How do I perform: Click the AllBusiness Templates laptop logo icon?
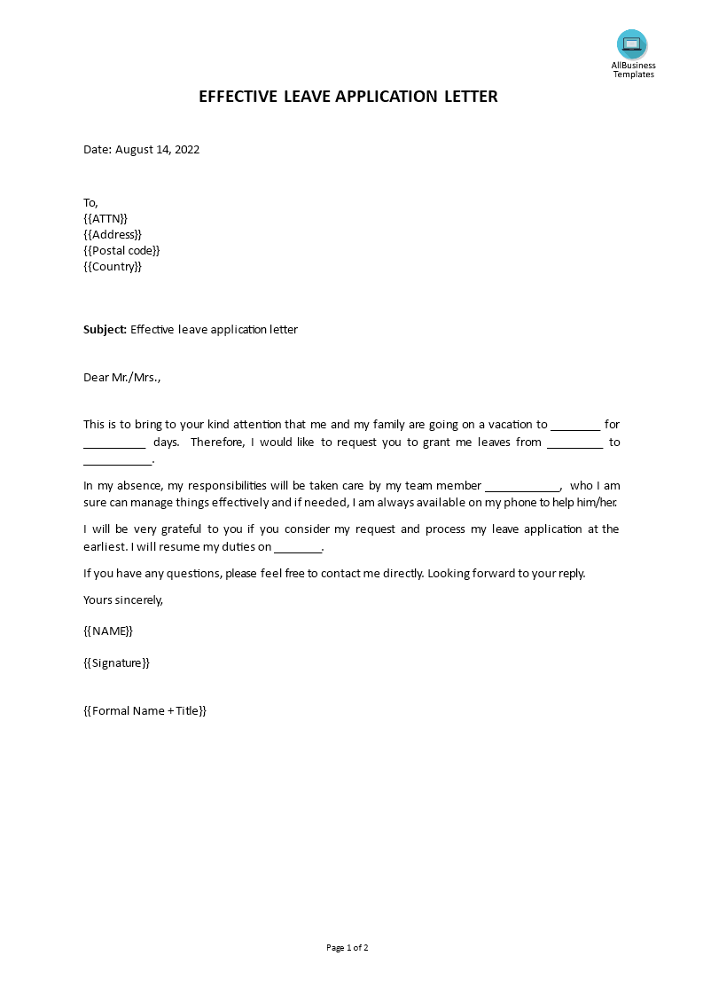(632, 44)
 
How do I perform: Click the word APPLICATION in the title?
(386, 97)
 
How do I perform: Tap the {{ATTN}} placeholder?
(105, 218)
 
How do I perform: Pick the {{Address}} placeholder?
(113, 234)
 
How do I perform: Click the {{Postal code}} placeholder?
(121, 250)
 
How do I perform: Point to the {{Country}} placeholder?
(113, 266)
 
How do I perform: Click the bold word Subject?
(105, 329)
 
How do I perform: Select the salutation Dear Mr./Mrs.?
(122, 377)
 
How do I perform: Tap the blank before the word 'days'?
(114, 443)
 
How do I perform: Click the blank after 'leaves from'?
(575, 443)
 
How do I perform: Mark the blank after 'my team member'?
(522, 487)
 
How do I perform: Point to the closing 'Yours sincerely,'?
(123, 599)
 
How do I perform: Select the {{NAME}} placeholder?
(108, 631)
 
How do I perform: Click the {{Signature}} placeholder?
(117, 662)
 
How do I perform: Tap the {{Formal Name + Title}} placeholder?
(145, 710)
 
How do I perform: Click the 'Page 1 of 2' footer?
(348, 947)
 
